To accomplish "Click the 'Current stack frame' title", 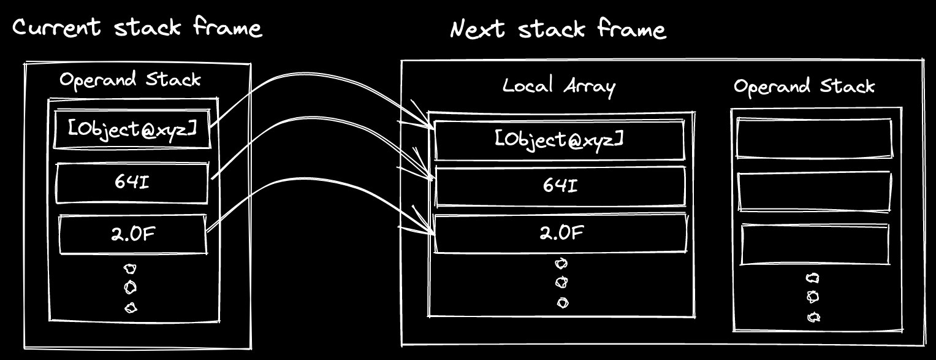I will (137, 28).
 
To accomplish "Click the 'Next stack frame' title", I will (558, 29).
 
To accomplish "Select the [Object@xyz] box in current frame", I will (132, 129).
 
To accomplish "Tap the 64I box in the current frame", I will (132, 182).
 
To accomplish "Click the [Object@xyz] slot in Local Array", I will (559, 140).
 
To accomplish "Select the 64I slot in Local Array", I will (559, 186).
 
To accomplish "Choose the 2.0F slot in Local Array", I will (559, 233).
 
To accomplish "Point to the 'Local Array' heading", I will (558, 86).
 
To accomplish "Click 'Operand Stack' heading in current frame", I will (130, 79).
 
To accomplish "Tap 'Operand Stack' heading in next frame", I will (804, 86).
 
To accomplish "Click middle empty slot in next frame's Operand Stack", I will (814, 192).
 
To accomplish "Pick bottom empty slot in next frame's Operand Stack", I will (815, 245).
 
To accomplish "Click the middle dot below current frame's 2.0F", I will (131, 288).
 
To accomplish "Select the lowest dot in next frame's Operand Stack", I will (813, 317).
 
